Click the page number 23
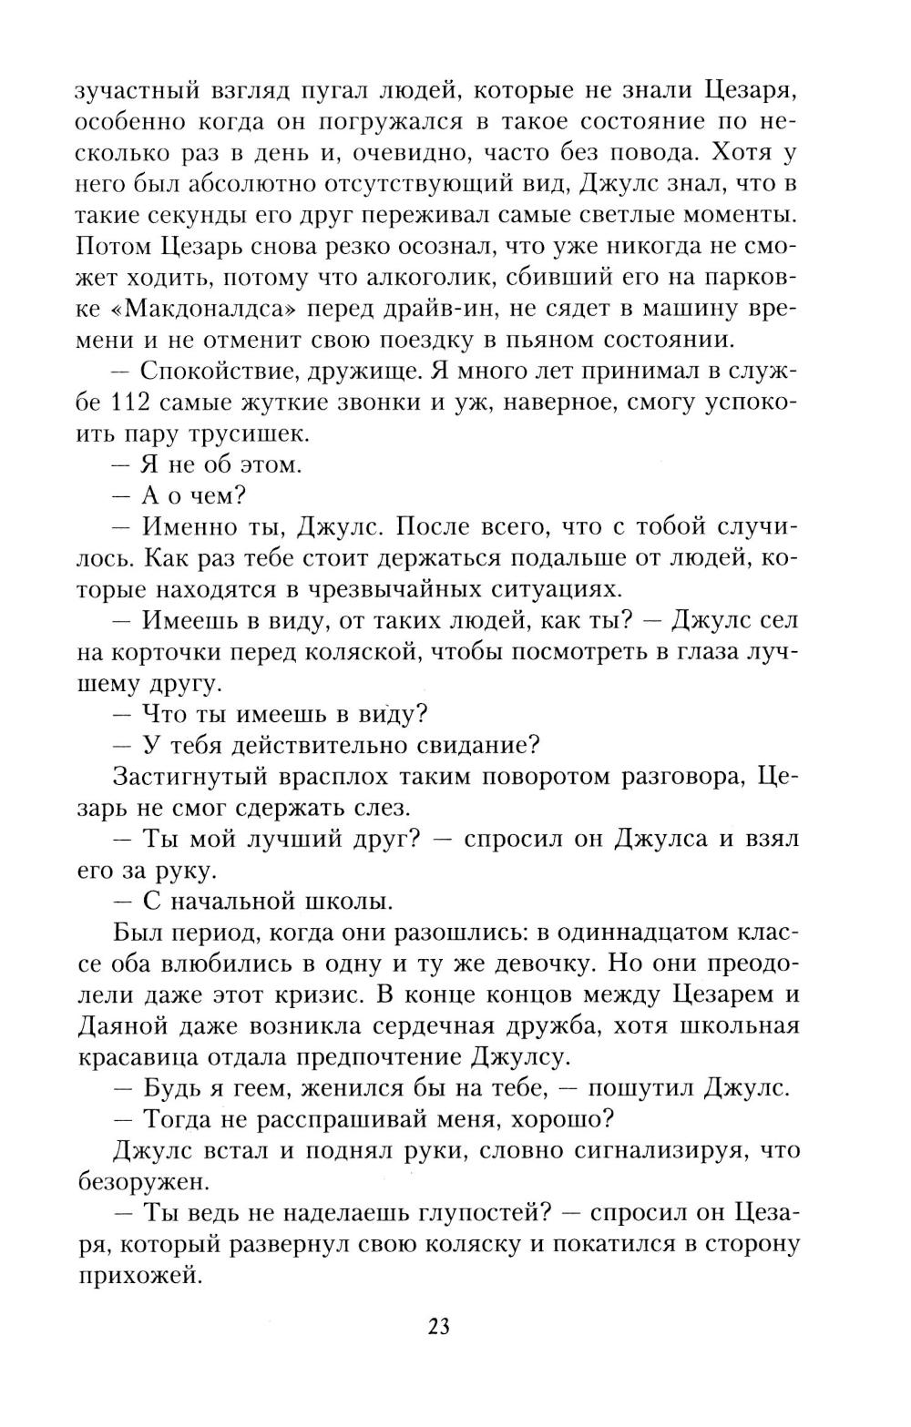click(x=439, y=1326)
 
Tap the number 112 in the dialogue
click(x=138, y=403)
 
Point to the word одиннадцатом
click(x=651, y=933)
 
